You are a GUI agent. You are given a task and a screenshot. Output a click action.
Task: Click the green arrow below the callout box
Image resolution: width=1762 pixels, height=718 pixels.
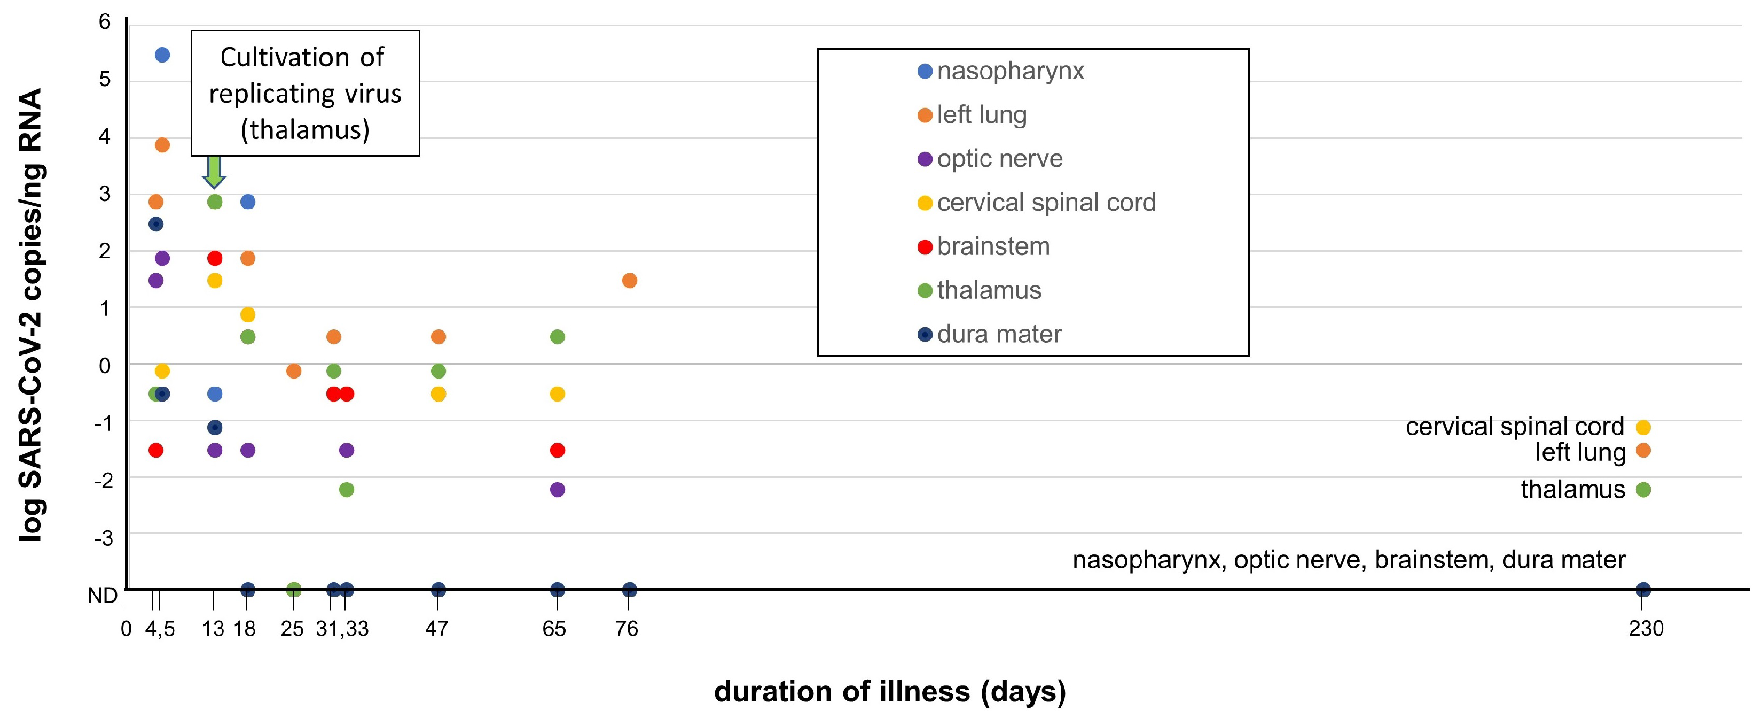click(214, 171)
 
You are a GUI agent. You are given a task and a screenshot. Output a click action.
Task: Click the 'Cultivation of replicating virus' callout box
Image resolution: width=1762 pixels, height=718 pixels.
click(305, 93)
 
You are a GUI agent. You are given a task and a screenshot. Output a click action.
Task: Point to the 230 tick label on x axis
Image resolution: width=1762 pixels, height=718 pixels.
click(1645, 628)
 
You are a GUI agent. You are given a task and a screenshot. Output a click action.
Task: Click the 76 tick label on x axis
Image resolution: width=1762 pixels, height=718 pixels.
click(627, 628)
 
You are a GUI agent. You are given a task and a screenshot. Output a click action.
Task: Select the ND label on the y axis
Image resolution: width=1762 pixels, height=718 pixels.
click(103, 596)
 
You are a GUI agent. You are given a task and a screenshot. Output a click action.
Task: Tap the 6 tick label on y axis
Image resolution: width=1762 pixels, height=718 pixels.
click(104, 22)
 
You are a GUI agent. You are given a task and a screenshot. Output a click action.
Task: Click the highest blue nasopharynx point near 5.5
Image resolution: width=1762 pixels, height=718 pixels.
click(162, 55)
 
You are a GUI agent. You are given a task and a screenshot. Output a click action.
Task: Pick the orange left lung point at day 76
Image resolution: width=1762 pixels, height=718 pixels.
click(629, 281)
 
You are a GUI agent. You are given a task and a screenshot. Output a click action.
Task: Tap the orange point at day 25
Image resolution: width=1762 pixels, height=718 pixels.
click(293, 371)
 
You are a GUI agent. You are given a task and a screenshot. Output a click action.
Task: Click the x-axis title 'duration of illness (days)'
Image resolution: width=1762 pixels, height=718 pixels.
click(889, 691)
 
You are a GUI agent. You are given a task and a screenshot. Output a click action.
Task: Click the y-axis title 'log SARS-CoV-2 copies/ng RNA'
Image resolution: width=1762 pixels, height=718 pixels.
click(31, 315)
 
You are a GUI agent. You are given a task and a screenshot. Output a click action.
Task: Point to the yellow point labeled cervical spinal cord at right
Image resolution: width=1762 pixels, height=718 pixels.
click(1643, 427)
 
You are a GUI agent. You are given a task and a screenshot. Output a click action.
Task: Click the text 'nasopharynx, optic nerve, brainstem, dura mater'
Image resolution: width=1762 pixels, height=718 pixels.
click(1348, 560)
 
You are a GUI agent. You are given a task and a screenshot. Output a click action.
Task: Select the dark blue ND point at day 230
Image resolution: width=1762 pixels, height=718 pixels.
click(1643, 589)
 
